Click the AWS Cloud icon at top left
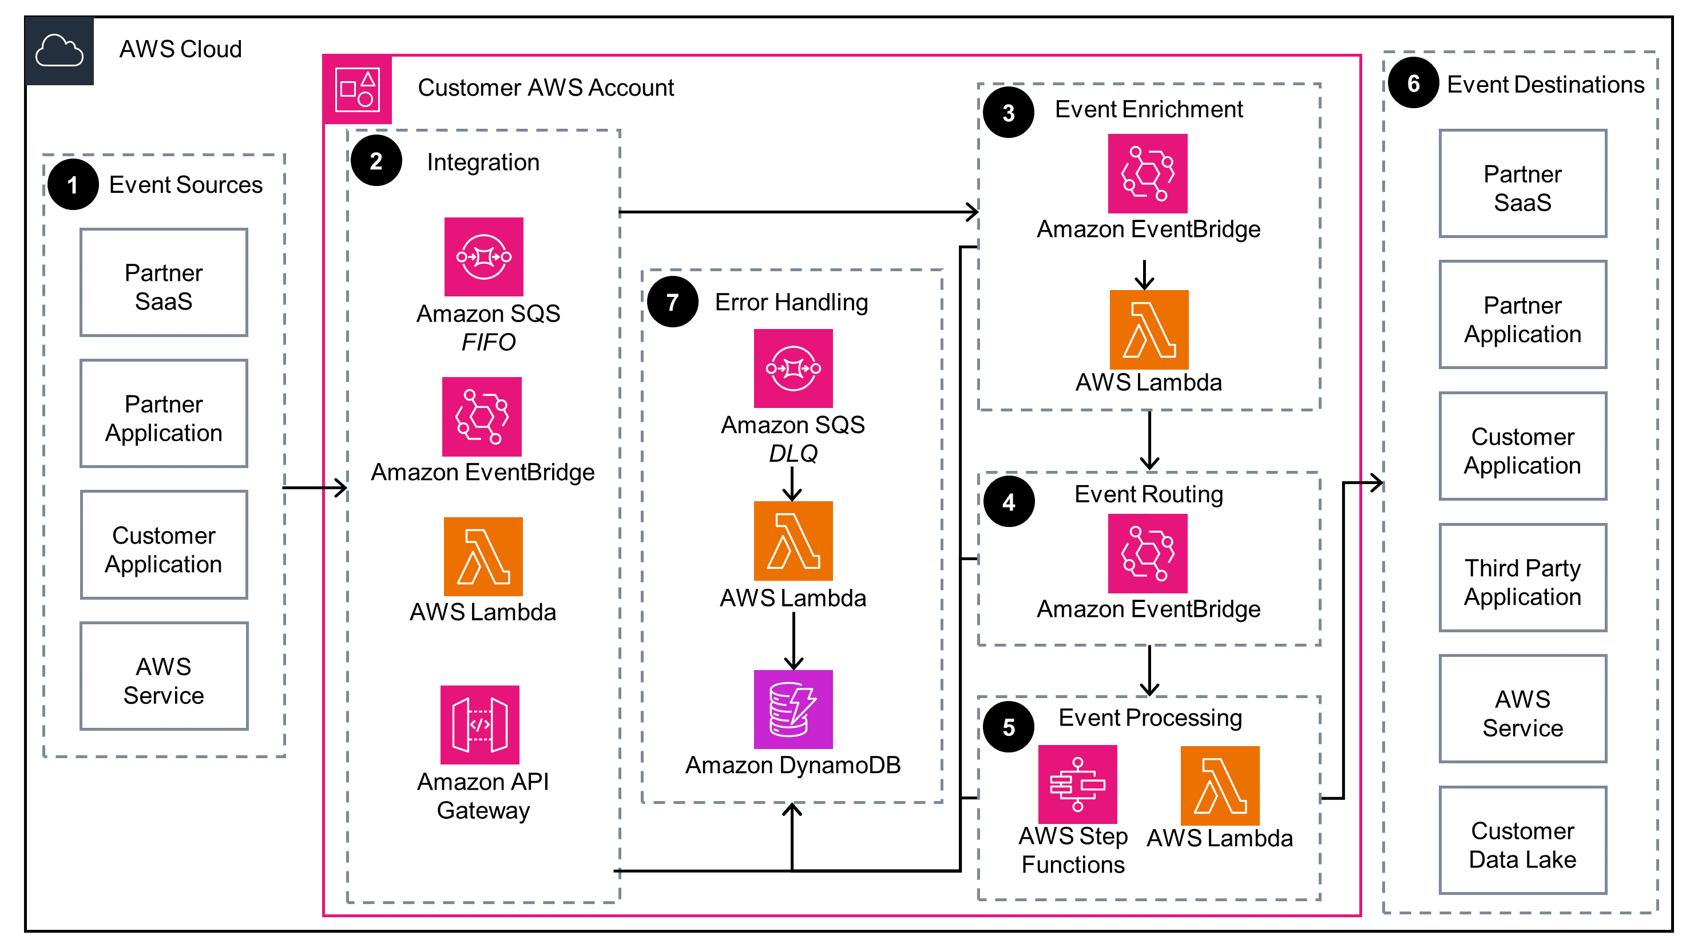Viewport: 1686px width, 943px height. click(59, 50)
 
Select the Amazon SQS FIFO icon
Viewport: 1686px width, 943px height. click(483, 256)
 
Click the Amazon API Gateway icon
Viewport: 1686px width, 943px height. click(480, 724)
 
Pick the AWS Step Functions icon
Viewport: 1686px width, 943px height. click(1077, 784)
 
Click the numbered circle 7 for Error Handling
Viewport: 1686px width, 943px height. click(672, 302)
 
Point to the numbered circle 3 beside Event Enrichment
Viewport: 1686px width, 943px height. click(1008, 113)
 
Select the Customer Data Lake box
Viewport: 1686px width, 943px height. click(1522, 839)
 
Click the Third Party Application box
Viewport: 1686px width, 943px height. click(1522, 577)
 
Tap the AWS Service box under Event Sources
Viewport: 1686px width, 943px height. click(164, 675)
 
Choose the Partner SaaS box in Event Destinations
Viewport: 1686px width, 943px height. click(1522, 183)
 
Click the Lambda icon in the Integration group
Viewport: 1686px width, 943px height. click(483, 556)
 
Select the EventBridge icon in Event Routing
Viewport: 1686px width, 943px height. click(1147, 553)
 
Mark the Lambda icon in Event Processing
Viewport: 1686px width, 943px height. click(1219, 785)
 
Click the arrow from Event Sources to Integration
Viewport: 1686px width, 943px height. click(314, 488)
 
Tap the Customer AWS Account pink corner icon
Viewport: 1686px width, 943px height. click(358, 90)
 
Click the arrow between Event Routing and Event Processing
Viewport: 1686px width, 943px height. click(1149, 671)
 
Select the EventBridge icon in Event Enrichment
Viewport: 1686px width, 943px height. click(1147, 173)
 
